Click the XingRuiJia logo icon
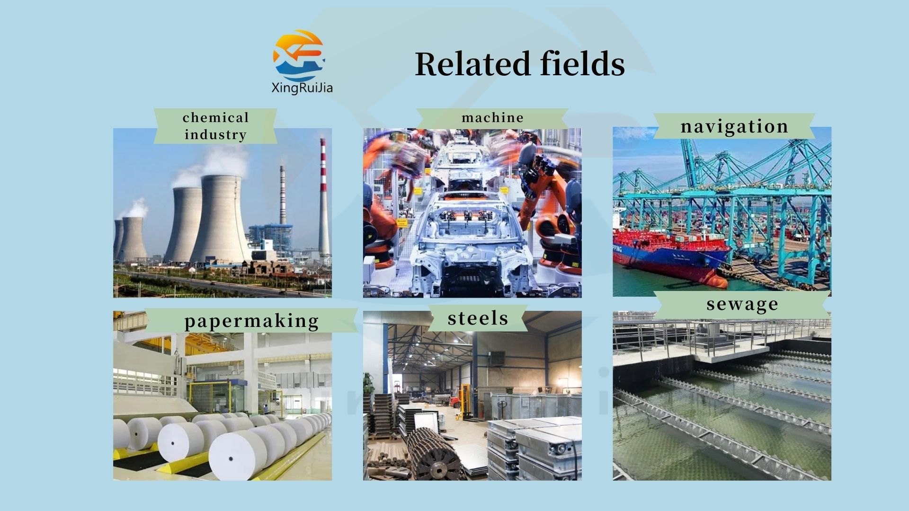point(299,55)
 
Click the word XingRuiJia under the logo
point(302,88)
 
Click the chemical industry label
point(215,126)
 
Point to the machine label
point(492,117)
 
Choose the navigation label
point(734,126)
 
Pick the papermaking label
point(251,320)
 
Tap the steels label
point(478,318)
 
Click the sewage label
point(742,304)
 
